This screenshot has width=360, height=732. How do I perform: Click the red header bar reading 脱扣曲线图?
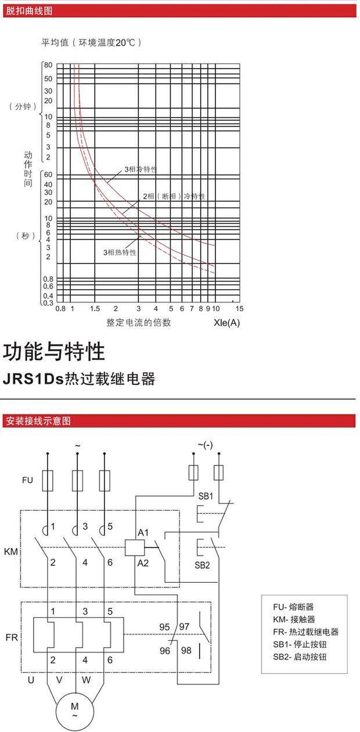coord(180,10)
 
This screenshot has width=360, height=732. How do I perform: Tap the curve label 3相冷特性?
coord(141,170)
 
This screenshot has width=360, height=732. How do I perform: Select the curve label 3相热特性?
coord(120,253)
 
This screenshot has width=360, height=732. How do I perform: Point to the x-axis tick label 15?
coord(240,308)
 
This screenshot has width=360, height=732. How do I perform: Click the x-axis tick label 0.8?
coord(60,308)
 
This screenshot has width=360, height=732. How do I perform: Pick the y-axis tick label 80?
coord(48,66)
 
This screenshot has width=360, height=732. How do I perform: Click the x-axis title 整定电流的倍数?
coord(139,323)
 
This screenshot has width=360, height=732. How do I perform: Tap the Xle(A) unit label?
coord(226,323)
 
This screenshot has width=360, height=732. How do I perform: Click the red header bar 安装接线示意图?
coord(180,421)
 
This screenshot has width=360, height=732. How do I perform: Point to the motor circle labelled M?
coord(74,710)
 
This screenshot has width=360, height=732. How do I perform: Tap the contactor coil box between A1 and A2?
coord(135,547)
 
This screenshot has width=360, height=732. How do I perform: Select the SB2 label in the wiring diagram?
coord(202,565)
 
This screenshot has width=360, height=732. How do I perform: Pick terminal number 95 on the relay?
coord(165,627)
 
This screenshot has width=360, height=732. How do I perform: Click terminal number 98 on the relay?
coord(186,651)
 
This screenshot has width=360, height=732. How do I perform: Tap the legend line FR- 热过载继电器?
coord(305,632)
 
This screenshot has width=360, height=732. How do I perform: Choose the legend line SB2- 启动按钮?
coord(300,657)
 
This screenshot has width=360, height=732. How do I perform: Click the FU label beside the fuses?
coord(27,480)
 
